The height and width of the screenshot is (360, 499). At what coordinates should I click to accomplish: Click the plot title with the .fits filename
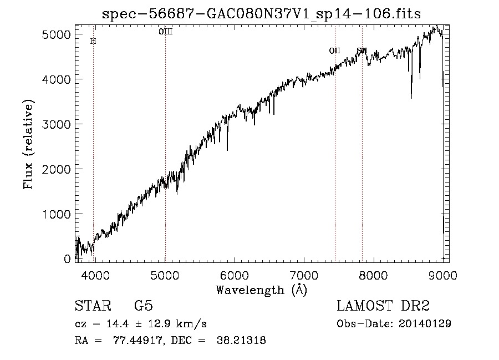click(x=262, y=14)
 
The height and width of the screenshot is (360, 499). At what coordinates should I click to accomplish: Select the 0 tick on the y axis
click(x=67, y=259)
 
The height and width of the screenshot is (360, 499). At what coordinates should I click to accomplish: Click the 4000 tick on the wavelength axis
click(x=95, y=276)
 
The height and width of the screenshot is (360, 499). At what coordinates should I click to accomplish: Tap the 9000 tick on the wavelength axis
click(x=442, y=276)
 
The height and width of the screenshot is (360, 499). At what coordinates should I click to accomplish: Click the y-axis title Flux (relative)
click(x=28, y=145)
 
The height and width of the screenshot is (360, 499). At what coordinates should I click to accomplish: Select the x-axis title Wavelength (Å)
click(x=261, y=290)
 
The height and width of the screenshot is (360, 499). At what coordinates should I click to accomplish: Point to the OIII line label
click(x=165, y=32)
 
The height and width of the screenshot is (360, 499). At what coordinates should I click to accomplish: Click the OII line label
click(x=334, y=50)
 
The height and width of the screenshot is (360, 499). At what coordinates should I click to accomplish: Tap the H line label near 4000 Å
click(x=93, y=41)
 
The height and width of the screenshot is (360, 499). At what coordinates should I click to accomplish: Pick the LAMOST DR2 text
click(x=383, y=306)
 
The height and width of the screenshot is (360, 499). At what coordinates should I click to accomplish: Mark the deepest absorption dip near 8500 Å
click(x=411, y=98)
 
